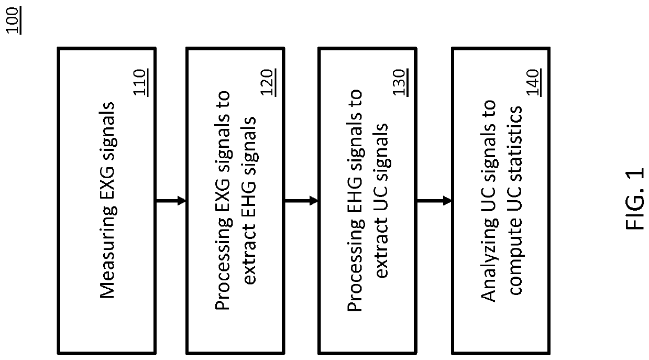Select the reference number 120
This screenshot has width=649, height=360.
coord(270,82)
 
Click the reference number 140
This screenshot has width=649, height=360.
coord(535,82)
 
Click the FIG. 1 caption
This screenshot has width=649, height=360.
coord(635,200)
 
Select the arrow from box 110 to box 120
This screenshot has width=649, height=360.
coord(171,200)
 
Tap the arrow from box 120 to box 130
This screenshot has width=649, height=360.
coord(301,200)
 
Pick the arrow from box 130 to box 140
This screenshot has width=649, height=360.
coord(434,200)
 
